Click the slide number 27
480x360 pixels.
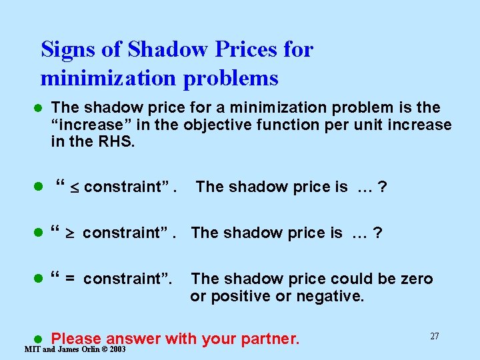(x=434, y=336)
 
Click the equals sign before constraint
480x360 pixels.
(x=69, y=279)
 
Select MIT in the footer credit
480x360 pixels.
(x=31, y=350)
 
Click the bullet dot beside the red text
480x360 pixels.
(x=39, y=339)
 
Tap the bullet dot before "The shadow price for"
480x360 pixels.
(x=39, y=108)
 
